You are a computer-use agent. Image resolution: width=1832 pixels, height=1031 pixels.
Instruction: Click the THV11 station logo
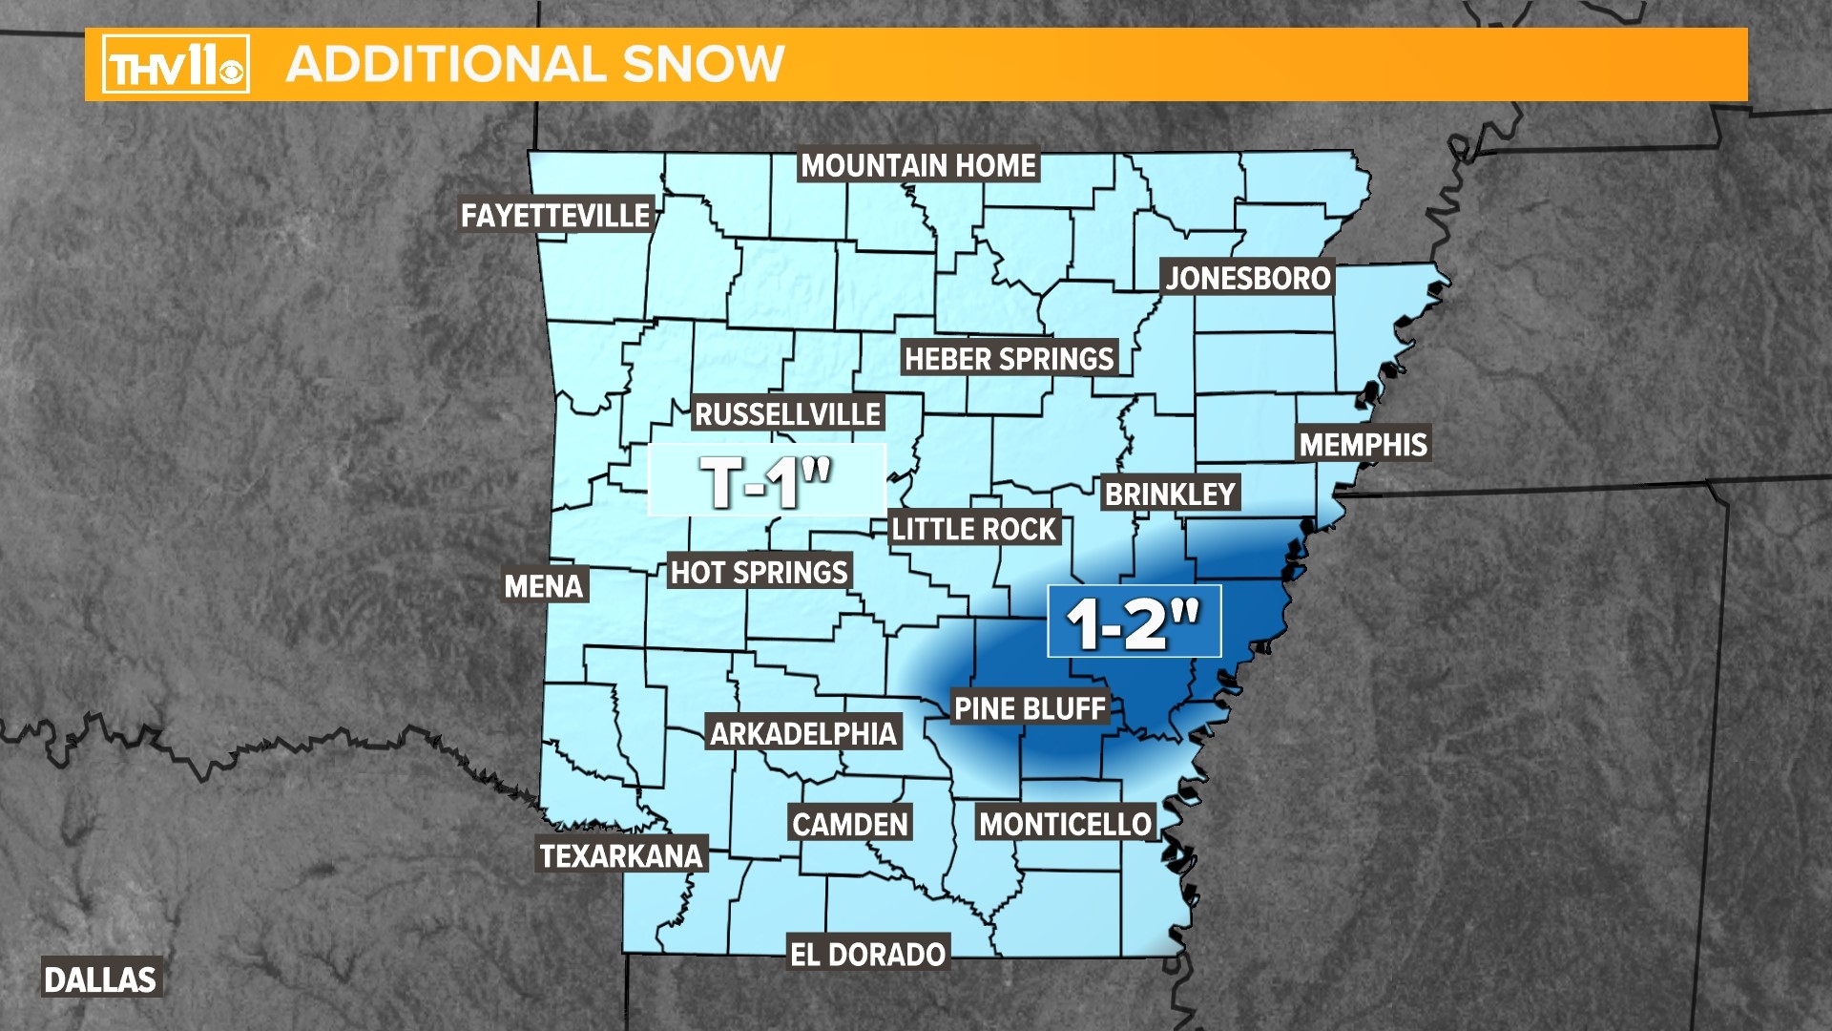(x=176, y=64)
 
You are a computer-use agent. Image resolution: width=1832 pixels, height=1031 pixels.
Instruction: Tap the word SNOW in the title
(x=703, y=64)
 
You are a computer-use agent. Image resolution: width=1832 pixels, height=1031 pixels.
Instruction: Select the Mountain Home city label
(x=918, y=165)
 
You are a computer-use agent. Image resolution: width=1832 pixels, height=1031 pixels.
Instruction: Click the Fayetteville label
(x=555, y=216)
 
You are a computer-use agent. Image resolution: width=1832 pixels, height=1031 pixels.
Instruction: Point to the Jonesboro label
(x=1248, y=278)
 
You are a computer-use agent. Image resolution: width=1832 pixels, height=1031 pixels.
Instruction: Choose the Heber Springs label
(x=1009, y=359)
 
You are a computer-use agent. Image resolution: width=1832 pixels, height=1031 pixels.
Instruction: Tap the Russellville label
(x=787, y=414)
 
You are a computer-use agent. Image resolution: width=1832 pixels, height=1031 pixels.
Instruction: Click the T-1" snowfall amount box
(x=767, y=480)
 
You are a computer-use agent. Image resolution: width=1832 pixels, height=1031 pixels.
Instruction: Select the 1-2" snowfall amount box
(x=1134, y=621)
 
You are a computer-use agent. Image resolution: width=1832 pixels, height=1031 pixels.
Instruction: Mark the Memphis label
(x=1363, y=444)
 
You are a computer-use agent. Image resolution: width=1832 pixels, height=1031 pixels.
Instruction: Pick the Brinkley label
(x=1170, y=494)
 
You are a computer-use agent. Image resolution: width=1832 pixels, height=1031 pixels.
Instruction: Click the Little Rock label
(x=973, y=529)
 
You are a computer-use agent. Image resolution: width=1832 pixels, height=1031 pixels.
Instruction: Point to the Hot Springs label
(x=759, y=572)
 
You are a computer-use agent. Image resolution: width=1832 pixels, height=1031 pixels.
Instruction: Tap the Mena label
(x=543, y=585)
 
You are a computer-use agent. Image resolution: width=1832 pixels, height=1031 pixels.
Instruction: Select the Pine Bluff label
(x=1030, y=708)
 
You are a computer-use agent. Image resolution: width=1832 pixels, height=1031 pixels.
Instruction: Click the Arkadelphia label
(x=803, y=733)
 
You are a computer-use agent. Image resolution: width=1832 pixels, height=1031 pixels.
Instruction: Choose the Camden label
(x=849, y=824)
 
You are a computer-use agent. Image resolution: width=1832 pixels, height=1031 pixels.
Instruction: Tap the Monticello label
(x=1065, y=824)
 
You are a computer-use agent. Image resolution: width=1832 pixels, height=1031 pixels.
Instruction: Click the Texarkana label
(x=621, y=855)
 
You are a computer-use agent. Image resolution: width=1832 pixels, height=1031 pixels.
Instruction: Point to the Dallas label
(x=100, y=979)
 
